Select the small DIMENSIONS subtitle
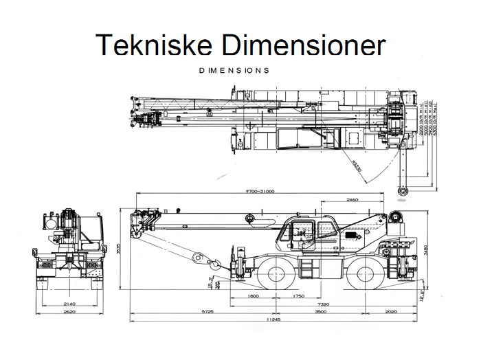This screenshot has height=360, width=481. click(x=233, y=70)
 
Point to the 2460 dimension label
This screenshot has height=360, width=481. click(x=353, y=199)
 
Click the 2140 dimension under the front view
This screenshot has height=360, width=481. click(x=69, y=303)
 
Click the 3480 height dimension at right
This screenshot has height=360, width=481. click(x=426, y=249)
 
